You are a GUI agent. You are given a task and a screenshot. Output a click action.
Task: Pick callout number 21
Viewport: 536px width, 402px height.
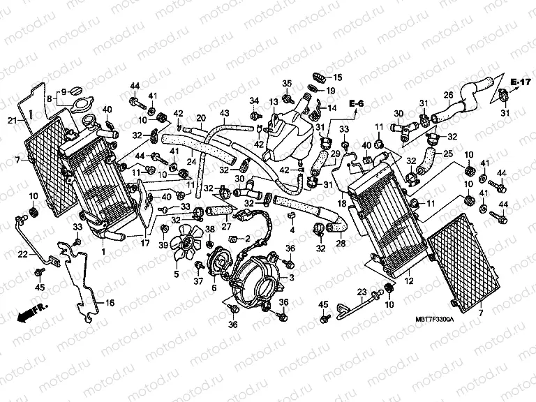pyautogui.click(x=12, y=121)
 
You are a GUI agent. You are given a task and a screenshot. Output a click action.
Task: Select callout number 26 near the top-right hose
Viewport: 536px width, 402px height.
pyautogui.click(x=449, y=95)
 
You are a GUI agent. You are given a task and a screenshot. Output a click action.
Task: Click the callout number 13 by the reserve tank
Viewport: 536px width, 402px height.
pyautogui.click(x=274, y=102)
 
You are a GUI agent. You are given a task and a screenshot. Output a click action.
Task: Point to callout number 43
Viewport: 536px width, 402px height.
pyautogui.click(x=224, y=113)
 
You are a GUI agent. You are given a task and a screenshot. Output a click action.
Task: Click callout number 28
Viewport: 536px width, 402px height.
pyautogui.click(x=341, y=244)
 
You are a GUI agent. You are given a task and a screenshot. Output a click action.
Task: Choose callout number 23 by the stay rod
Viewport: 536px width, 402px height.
pyautogui.click(x=362, y=292)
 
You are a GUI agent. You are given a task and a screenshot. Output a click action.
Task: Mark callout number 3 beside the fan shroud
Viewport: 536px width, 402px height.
pyautogui.click(x=292, y=277)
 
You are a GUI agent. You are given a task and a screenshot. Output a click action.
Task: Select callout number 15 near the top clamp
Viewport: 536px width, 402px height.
pyautogui.click(x=338, y=77)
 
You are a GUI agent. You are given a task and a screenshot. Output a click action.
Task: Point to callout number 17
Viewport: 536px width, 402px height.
pyautogui.click(x=145, y=244)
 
